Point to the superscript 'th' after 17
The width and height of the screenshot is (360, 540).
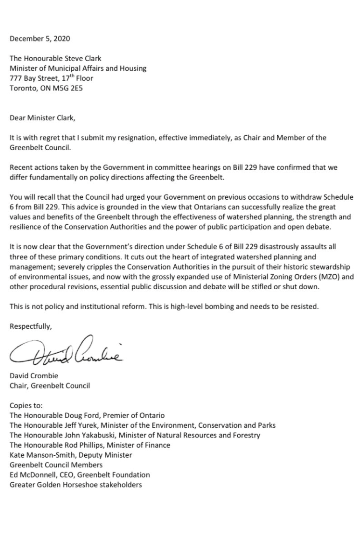pos(64,76)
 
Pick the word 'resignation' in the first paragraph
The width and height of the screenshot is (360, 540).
pos(138,138)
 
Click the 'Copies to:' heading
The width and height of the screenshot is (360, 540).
pos(26,405)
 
